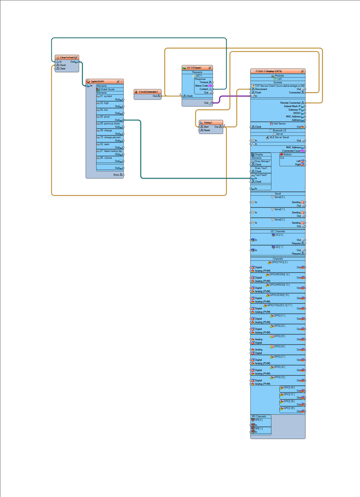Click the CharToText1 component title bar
click(67, 57)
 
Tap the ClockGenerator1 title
click(148, 92)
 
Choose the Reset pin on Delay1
click(206, 130)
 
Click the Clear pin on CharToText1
click(62, 68)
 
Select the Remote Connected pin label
click(291, 103)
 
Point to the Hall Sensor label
click(280, 124)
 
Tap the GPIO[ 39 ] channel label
click(289, 408)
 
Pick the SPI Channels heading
click(258, 416)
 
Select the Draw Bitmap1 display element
click(263, 161)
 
